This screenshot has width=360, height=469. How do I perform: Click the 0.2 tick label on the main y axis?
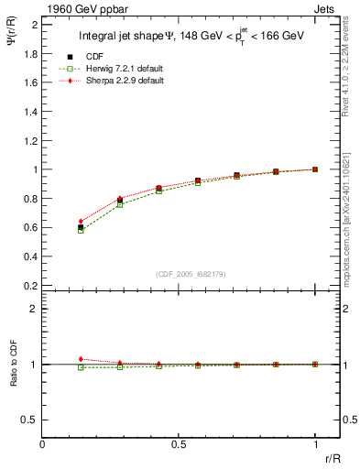31,285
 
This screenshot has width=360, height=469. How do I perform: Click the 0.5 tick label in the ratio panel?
31,420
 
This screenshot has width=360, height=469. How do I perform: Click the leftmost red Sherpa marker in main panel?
81,221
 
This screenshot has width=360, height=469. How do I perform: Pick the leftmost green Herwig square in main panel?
81,230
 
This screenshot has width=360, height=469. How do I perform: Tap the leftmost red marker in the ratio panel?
81,359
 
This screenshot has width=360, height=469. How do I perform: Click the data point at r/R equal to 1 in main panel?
315,169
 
